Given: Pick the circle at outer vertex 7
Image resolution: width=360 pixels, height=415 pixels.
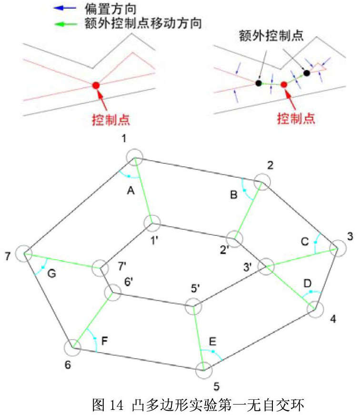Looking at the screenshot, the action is point(23,253).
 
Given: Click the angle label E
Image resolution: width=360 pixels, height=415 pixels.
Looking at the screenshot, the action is point(213,342).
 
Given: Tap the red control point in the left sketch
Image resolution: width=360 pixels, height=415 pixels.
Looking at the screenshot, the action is point(96,85).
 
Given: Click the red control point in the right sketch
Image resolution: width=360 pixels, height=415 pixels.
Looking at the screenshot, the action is point(284,84).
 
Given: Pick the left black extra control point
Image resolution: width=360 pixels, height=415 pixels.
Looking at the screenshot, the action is point(258,83).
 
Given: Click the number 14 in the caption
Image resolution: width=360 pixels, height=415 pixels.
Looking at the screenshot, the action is point(118,405).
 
